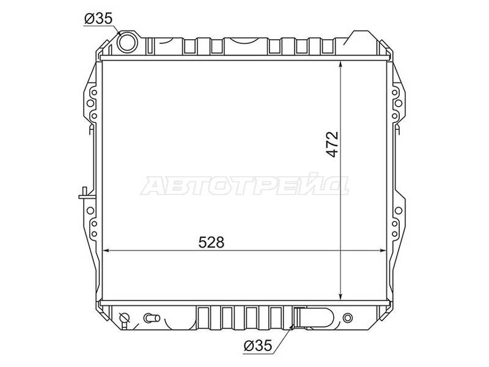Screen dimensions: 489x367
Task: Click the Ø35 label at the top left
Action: [x=98, y=19]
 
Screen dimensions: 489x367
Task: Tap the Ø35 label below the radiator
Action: [x=258, y=346]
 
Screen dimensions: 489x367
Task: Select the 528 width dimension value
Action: [x=211, y=242]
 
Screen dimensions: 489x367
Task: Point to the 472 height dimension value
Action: [x=333, y=144]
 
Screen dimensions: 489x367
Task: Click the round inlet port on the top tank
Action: [x=127, y=42]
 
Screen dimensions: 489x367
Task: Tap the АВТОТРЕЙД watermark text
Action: [x=244, y=185]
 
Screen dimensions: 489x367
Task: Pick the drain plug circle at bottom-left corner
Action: [x=125, y=317]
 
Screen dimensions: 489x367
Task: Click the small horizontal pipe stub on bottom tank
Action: [x=152, y=318]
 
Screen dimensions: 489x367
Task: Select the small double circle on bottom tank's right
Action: [x=347, y=318]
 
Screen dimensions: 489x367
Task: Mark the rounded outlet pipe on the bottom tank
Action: [x=314, y=318]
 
